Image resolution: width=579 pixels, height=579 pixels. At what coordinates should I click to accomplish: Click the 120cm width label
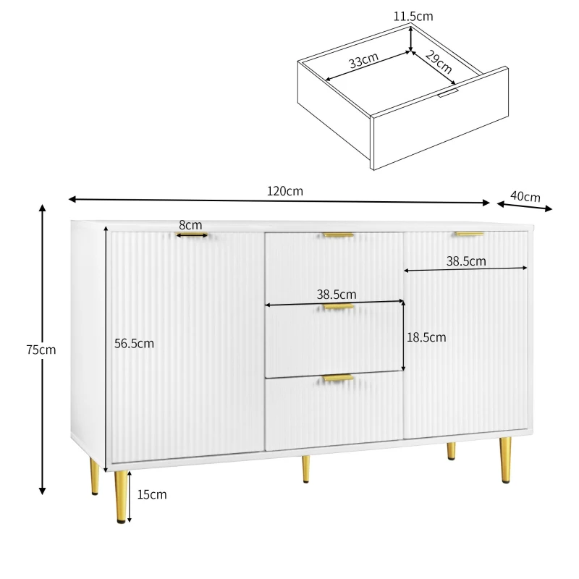click(x=284, y=192)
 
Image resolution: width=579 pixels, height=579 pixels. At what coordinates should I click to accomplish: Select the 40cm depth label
click(x=525, y=196)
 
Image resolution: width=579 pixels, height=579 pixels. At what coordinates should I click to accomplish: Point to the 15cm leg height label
click(x=152, y=495)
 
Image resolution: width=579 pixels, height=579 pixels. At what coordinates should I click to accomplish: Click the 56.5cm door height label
click(x=134, y=344)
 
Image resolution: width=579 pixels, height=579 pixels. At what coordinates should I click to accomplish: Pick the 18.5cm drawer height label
click(x=427, y=337)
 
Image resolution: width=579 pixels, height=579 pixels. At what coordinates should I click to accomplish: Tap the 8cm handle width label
click(x=190, y=225)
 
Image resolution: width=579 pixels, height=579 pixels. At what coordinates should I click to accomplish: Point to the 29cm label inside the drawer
click(x=438, y=63)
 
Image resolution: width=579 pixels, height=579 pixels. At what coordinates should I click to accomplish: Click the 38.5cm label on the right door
click(x=465, y=262)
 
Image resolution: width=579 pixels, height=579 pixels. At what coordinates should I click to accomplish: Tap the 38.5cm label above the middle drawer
click(x=337, y=295)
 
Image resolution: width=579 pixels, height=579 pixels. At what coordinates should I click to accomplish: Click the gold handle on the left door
click(x=193, y=235)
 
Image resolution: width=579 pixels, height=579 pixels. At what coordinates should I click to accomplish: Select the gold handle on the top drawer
click(x=339, y=235)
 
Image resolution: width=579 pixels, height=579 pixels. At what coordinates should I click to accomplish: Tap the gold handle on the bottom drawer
click(x=337, y=378)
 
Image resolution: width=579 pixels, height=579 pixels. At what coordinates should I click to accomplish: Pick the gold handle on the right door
click(x=469, y=234)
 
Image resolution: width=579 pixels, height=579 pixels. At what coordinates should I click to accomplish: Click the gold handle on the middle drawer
click(x=339, y=307)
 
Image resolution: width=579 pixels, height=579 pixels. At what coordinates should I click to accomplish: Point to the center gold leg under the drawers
click(x=306, y=468)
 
